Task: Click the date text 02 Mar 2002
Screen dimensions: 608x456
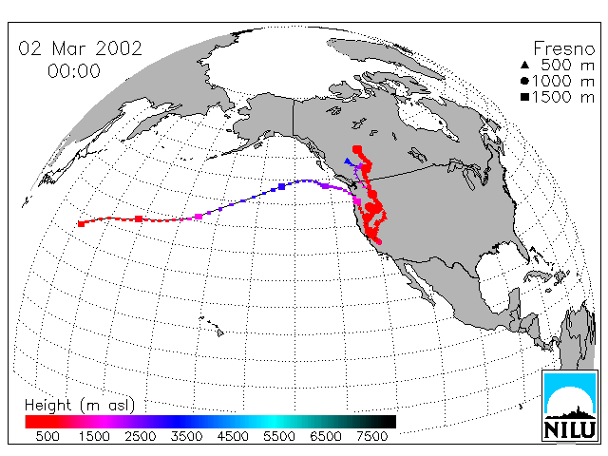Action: click(80, 48)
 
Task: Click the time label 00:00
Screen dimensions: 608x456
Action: click(74, 71)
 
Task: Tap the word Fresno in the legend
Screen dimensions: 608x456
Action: click(563, 48)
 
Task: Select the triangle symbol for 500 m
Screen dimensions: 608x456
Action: click(524, 65)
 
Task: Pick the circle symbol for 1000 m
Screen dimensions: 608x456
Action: click(524, 81)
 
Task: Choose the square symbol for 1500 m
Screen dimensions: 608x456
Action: click(524, 97)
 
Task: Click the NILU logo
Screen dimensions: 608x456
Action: click(569, 406)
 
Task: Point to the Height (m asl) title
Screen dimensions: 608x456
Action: click(80, 406)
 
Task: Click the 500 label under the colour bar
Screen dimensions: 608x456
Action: click(47, 436)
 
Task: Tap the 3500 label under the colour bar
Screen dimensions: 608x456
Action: click(186, 436)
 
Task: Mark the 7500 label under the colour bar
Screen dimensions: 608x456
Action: click(371, 436)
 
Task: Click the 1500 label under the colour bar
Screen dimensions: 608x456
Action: click(94, 436)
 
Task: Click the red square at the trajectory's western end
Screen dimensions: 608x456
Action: click(81, 224)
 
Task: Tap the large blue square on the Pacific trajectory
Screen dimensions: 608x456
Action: click(282, 187)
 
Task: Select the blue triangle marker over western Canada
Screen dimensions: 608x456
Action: click(348, 161)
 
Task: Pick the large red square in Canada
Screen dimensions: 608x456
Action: click(357, 150)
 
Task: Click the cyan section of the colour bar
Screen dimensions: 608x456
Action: click(274, 422)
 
